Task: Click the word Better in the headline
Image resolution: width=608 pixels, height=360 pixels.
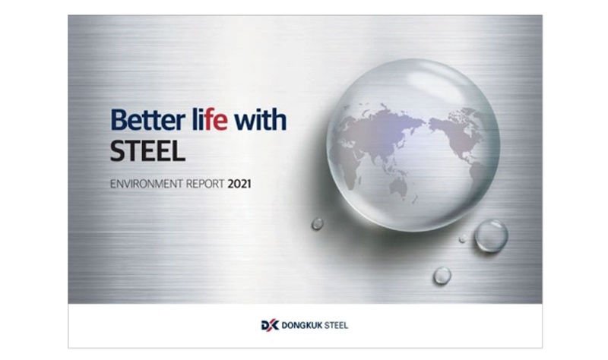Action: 147,120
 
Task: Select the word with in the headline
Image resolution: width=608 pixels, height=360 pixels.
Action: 261,120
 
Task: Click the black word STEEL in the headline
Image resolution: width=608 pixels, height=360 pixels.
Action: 147,151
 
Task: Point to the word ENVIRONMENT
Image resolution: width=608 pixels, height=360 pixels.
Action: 147,184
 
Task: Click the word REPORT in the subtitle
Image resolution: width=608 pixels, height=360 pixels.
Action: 205,184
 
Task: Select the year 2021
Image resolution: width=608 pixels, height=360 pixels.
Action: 239,184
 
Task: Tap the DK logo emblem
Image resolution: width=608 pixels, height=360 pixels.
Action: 270,325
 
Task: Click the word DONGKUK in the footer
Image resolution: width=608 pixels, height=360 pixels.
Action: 302,326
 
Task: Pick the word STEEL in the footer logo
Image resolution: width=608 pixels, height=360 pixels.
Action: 336,326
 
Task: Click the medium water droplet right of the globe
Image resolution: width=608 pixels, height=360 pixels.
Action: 491,235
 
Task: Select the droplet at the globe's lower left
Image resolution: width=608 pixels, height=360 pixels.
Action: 318,223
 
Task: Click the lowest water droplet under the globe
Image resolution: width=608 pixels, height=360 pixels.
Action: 442,276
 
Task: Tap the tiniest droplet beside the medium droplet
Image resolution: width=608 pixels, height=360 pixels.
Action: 463,238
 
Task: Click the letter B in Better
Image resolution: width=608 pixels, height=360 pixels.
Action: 119,121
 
